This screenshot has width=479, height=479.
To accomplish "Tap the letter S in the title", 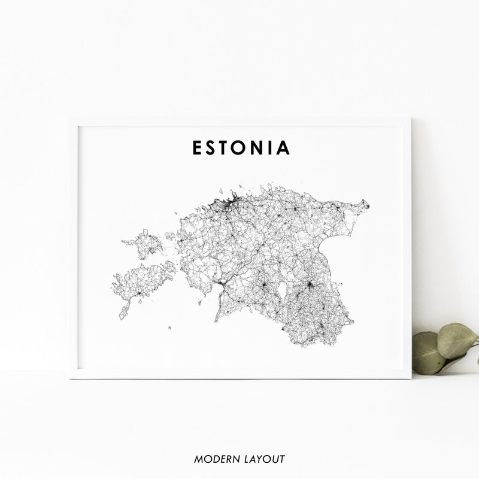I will (x=211, y=148).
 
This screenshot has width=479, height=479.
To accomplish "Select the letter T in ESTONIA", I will (x=226, y=148).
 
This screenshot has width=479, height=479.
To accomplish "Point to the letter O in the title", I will (x=242, y=148).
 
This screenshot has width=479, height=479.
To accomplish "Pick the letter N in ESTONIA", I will (x=260, y=148).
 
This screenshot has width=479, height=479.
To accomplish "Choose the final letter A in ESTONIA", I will (x=284, y=148).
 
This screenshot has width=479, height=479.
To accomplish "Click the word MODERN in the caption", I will (x=216, y=459).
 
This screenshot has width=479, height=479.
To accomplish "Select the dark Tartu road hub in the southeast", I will (x=310, y=286).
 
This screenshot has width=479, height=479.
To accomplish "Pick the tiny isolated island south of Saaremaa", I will (x=170, y=328).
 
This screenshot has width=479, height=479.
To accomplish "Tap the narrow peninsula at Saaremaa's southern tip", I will (x=124, y=311).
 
